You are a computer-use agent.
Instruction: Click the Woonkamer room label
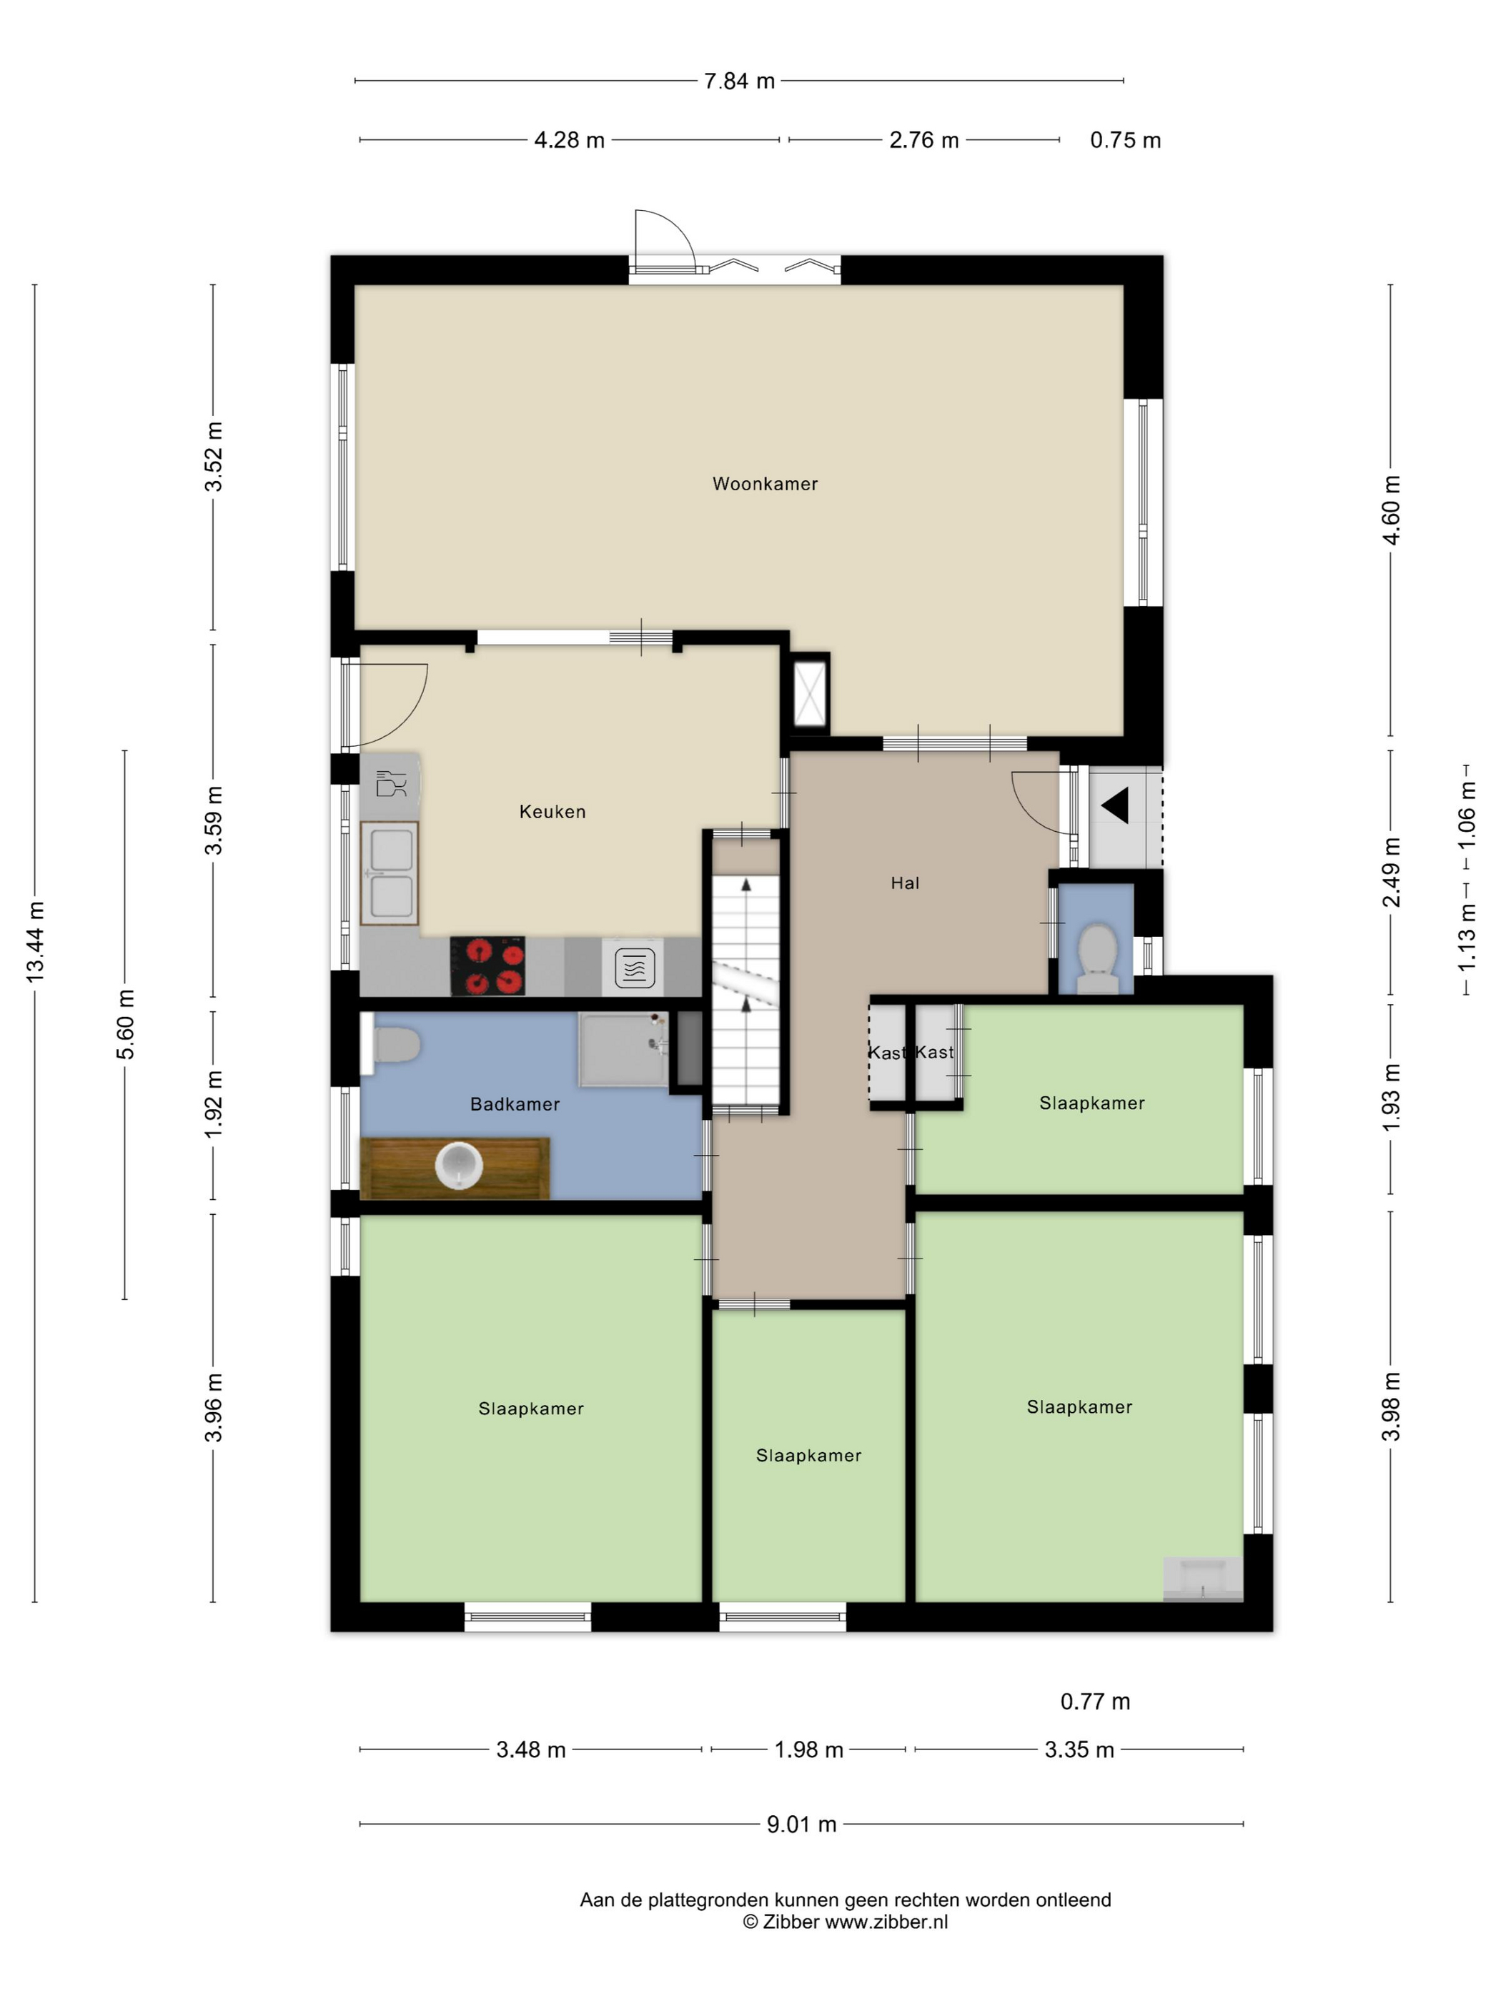(765, 484)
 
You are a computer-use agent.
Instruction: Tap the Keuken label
(552, 811)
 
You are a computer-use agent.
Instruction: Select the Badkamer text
(515, 1103)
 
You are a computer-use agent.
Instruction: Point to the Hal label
(905, 883)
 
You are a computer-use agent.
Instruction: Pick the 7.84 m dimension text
(739, 81)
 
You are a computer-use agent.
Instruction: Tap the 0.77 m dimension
(1095, 1702)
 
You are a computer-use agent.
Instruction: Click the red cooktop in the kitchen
(487, 965)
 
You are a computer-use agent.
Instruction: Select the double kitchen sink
(389, 873)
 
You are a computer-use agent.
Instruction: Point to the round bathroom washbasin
(458, 1165)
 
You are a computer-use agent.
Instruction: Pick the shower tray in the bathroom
(623, 1049)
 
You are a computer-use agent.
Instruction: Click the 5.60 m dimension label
(125, 1024)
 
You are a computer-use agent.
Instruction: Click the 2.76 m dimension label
(923, 140)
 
